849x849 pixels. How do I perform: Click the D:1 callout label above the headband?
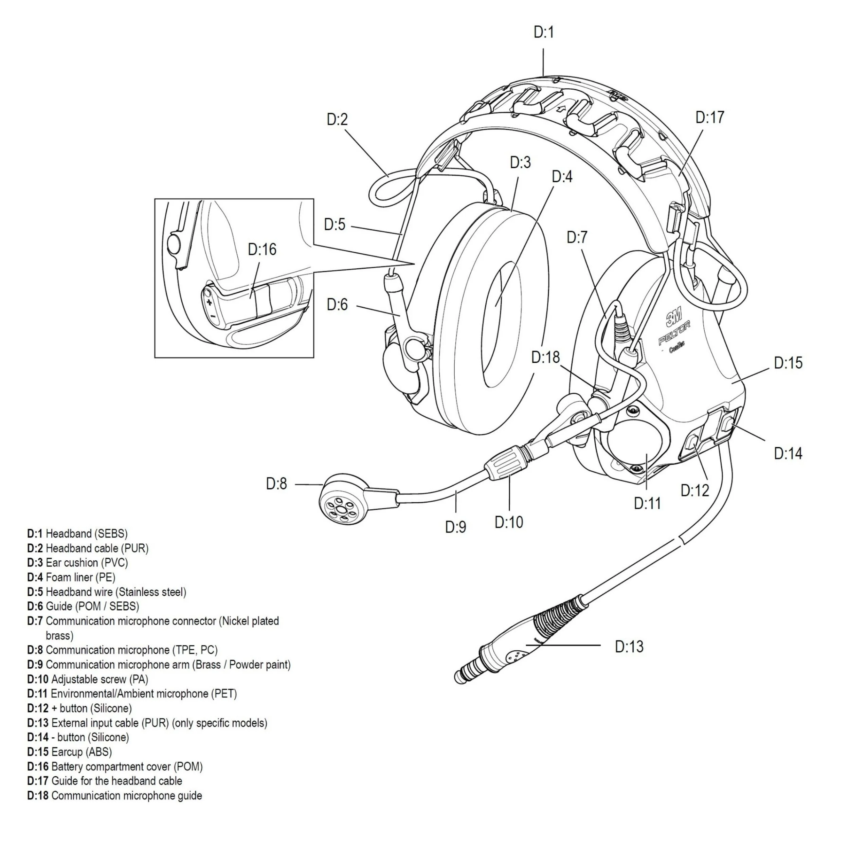click(544, 32)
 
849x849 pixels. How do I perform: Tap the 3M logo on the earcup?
click(674, 315)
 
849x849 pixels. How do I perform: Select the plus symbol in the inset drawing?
click(209, 303)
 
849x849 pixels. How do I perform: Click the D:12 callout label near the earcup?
click(695, 490)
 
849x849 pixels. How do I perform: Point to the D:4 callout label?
click(562, 177)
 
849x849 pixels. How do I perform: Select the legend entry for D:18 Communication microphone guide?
click(114, 795)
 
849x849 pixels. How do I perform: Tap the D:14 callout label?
click(788, 453)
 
